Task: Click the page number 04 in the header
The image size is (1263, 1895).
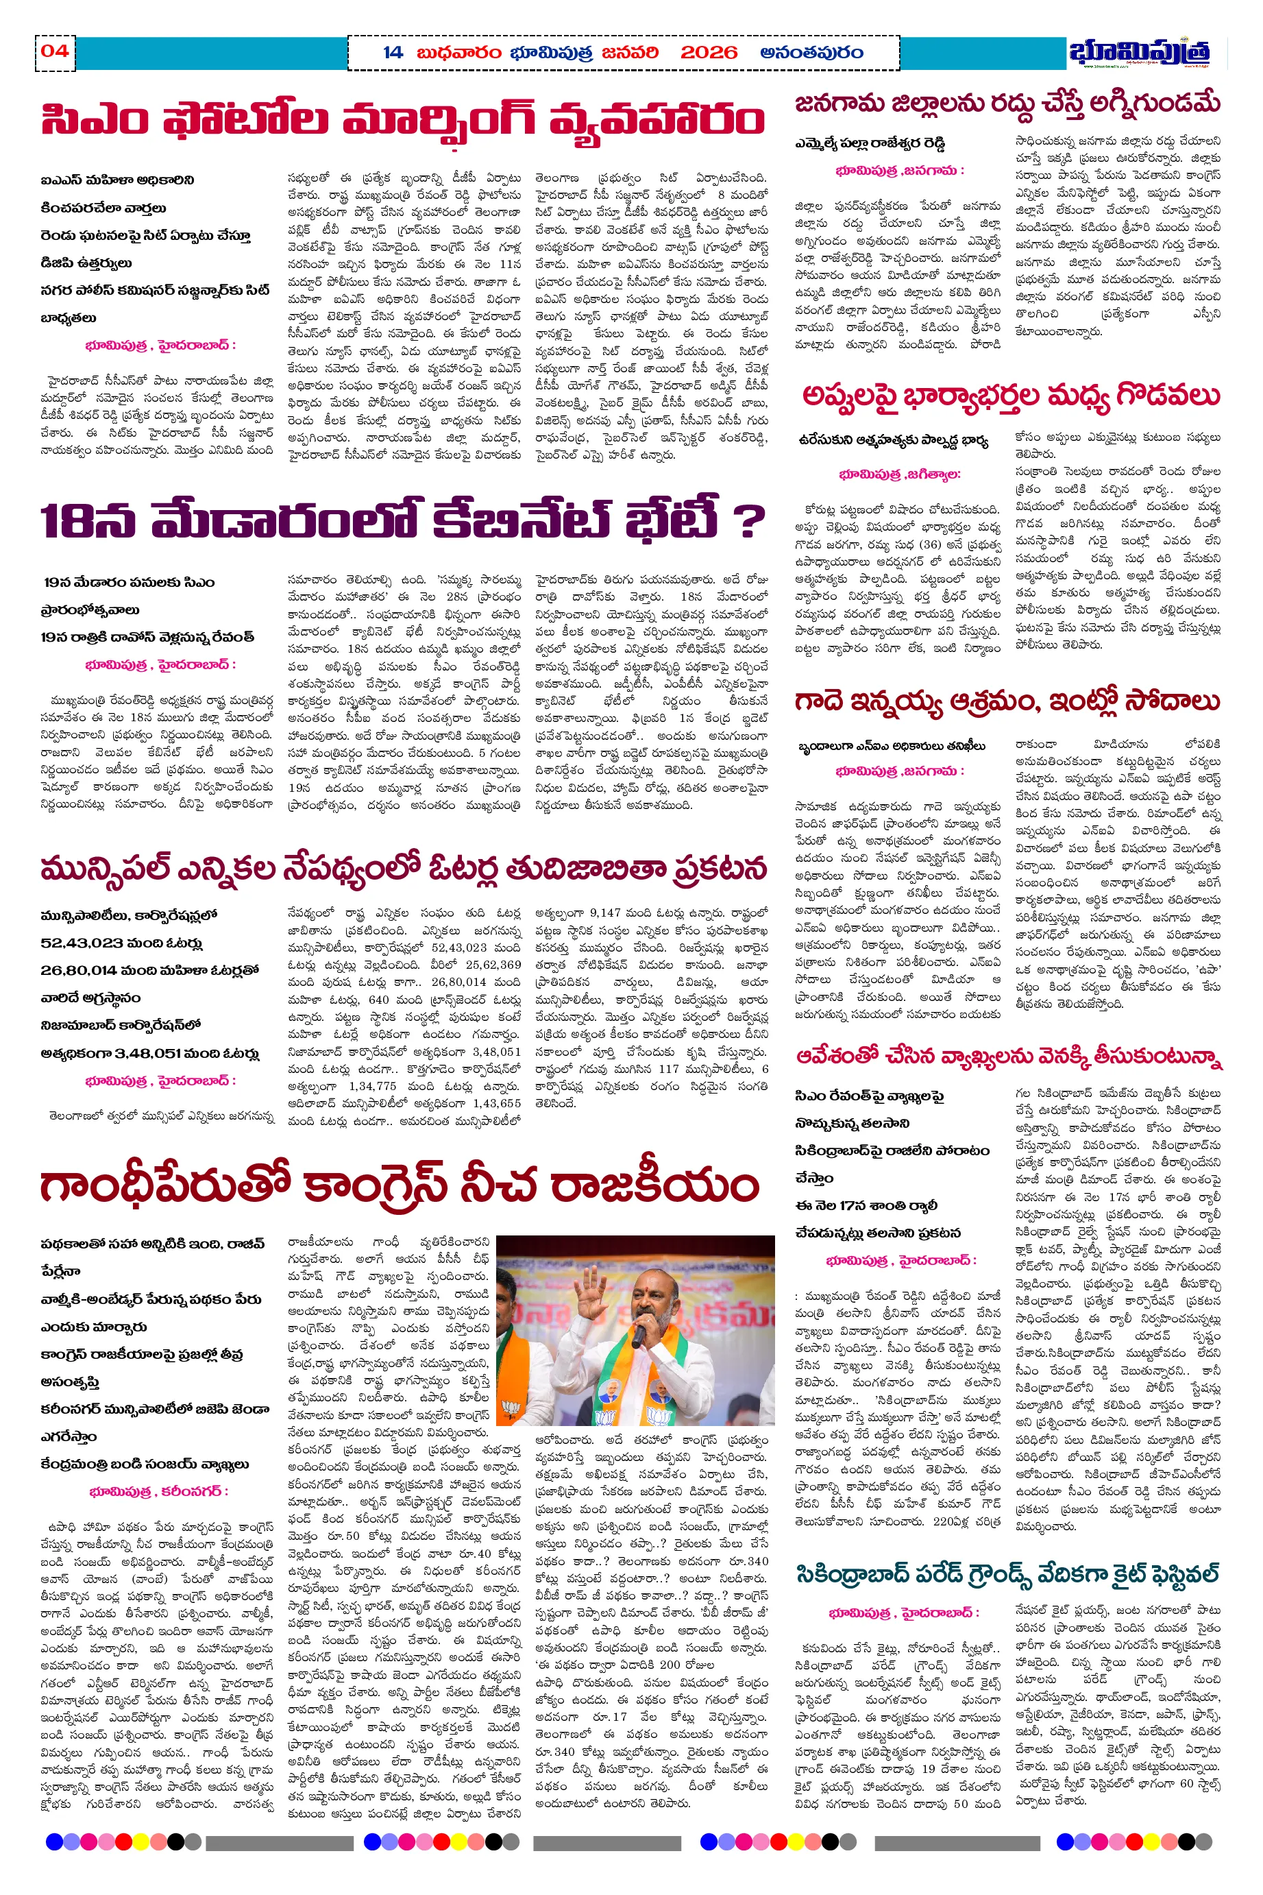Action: (54, 51)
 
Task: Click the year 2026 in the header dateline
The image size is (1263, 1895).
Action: (709, 53)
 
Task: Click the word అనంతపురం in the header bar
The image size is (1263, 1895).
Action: (811, 53)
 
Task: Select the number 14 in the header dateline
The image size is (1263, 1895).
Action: (392, 53)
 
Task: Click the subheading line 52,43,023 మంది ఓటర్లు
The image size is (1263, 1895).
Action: (121, 943)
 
